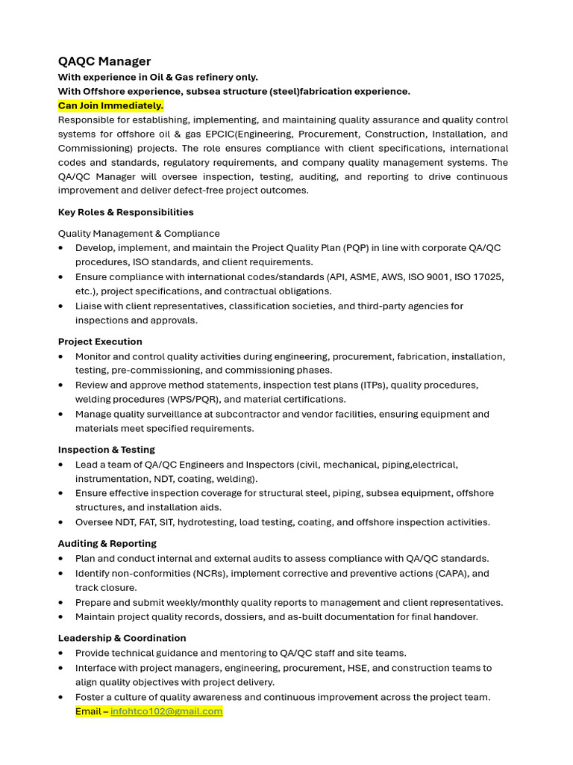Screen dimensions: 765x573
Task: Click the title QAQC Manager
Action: tap(104, 61)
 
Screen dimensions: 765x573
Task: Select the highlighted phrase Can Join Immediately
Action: tap(110, 105)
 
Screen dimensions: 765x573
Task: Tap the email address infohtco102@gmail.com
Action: tap(166, 711)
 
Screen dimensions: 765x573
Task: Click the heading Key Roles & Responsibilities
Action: tap(125, 212)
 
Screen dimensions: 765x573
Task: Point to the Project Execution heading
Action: tap(100, 341)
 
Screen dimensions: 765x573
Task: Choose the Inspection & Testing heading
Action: tap(107, 450)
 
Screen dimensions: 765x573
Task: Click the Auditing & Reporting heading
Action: tap(107, 544)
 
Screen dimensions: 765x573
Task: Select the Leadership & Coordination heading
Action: tap(122, 638)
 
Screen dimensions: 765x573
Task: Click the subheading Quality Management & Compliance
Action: tap(139, 233)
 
